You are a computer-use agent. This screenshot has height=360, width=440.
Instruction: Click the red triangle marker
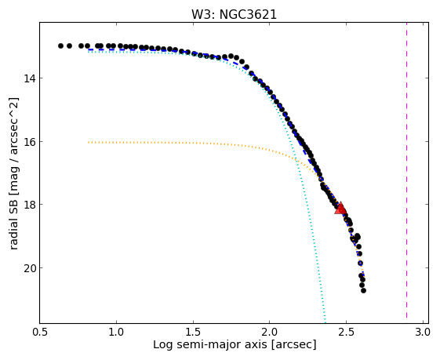click(x=340, y=208)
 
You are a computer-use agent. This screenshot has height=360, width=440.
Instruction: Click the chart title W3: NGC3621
click(x=234, y=15)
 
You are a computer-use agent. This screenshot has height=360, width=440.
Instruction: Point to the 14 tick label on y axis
click(x=30, y=78)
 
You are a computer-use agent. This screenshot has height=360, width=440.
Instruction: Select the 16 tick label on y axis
click(x=30, y=141)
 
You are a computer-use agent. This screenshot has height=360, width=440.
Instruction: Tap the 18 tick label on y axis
click(x=30, y=204)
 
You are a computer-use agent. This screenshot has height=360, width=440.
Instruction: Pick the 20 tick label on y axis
click(x=30, y=267)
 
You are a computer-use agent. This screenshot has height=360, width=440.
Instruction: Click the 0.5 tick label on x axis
click(x=39, y=332)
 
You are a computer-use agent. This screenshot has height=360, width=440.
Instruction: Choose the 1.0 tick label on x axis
click(x=116, y=332)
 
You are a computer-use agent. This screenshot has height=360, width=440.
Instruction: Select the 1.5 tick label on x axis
click(x=193, y=332)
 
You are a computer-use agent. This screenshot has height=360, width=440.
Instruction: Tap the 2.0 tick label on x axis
click(x=269, y=332)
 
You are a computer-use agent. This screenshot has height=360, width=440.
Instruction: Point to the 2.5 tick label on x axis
click(x=346, y=332)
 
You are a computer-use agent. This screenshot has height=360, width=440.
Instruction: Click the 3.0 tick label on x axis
click(x=423, y=332)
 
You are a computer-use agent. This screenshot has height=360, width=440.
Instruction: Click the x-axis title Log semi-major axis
click(x=210, y=345)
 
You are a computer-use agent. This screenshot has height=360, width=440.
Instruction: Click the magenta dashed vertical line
click(x=406, y=173)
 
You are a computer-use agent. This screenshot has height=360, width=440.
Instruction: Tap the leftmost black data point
click(x=60, y=45)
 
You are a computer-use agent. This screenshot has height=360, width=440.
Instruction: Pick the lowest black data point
click(x=363, y=290)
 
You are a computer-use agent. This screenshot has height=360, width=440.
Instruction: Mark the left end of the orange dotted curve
click(x=88, y=142)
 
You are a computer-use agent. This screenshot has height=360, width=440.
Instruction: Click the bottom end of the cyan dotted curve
click(x=325, y=322)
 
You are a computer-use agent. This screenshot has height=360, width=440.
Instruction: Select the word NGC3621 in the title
click(x=248, y=15)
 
